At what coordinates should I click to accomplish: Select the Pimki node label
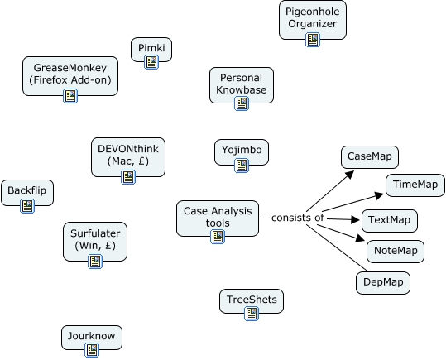click(151, 48)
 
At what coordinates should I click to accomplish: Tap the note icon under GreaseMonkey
click(70, 96)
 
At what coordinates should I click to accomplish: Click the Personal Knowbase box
click(241, 82)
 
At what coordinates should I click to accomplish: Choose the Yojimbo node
click(241, 151)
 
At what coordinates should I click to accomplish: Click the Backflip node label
click(28, 191)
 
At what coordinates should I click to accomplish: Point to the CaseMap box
click(370, 156)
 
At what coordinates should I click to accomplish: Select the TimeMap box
click(415, 185)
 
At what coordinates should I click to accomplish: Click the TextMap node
click(389, 221)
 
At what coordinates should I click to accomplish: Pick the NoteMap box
click(395, 251)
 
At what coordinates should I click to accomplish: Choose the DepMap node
click(382, 282)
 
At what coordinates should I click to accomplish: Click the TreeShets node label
click(252, 299)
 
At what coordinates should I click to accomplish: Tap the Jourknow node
click(92, 335)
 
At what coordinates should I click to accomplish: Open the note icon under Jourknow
click(92, 350)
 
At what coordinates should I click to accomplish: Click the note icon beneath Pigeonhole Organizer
click(312, 39)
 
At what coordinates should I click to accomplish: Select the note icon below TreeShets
click(252, 314)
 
